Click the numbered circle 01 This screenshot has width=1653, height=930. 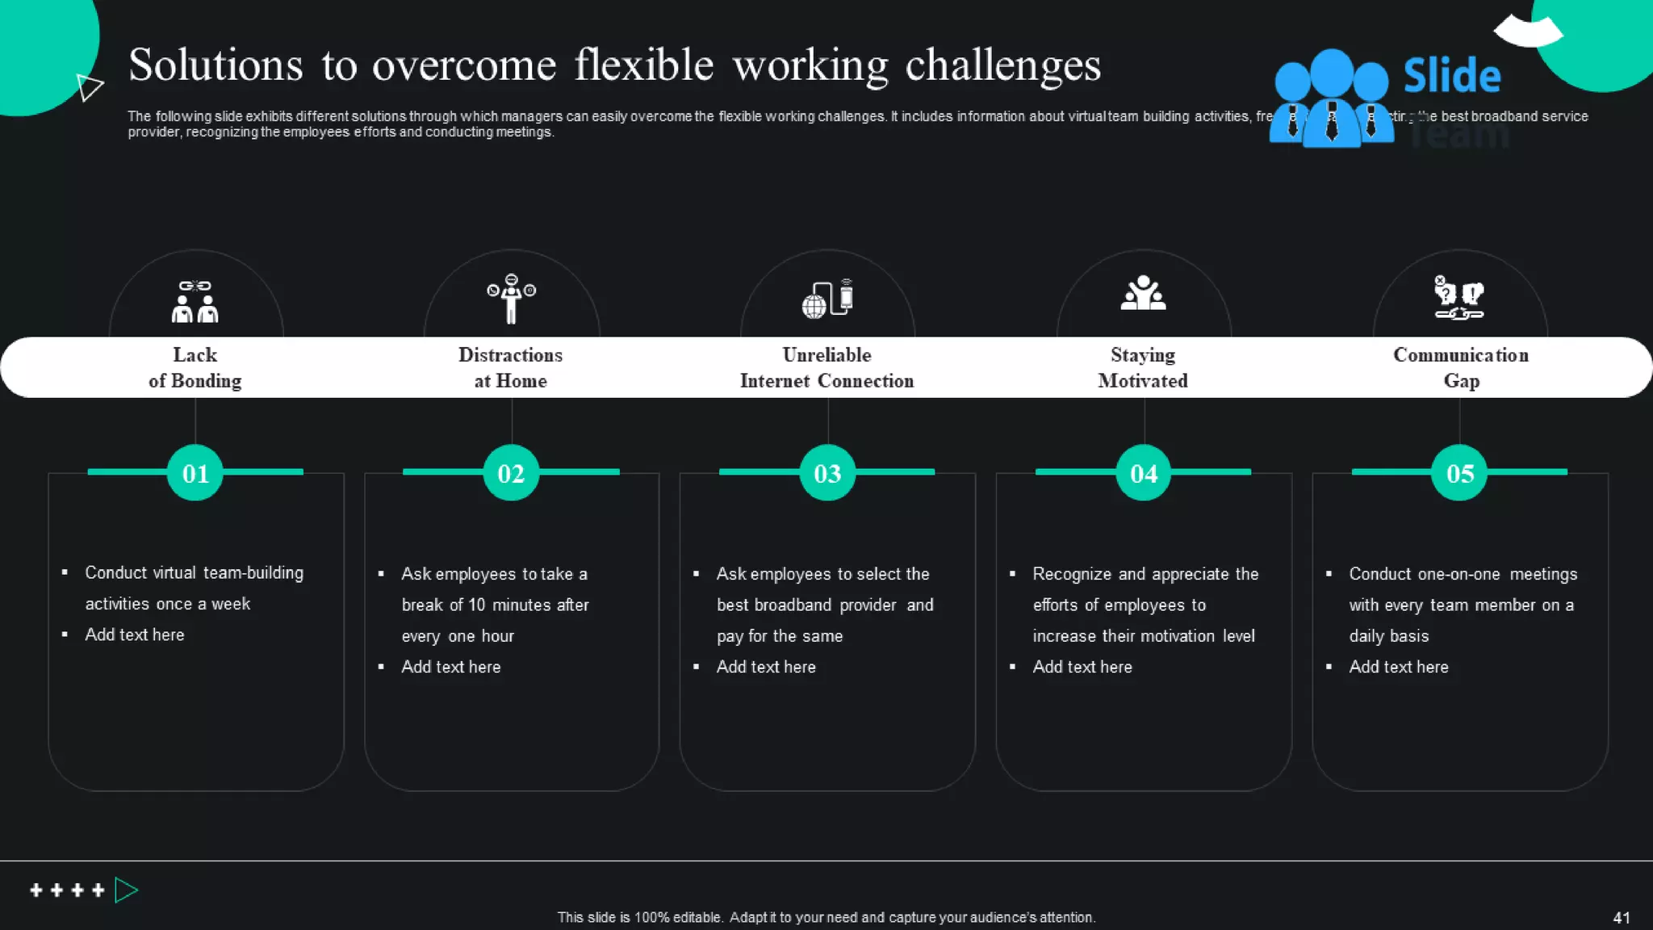pyautogui.click(x=195, y=473)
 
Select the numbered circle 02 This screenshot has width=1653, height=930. pyautogui.click(x=511, y=473)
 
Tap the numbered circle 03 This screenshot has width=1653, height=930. pyautogui.click(x=827, y=473)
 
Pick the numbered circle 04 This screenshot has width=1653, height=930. pyautogui.click(x=1144, y=473)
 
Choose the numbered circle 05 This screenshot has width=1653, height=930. pyautogui.click(x=1459, y=473)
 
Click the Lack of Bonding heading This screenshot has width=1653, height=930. pyautogui.click(x=195, y=367)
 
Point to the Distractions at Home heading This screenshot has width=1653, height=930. pyautogui.click(x=511, y=367)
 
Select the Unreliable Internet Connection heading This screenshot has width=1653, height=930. pyautogui.click(x=827, y=367)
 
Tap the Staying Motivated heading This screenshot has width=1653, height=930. pyautogui.click(x=1143, y=367)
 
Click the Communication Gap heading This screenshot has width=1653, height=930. pyautogui.click(x=1461, y=367)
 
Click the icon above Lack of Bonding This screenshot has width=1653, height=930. pyautogui.click(x=195, y=301)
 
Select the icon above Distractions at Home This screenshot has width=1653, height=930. pyautogui.click(x=511, y=298)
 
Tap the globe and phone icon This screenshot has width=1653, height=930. pyautogui.click(x=827, y=299)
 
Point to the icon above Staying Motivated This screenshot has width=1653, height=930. pyautogui.click(x=1143, y=294)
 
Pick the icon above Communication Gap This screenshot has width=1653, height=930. pyautogui.click(x=1459, y=297)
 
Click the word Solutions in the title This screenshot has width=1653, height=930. pyautogui.click(x=216, y=65)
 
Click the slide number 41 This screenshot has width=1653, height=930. pyautogui.click(x=1621, y=918)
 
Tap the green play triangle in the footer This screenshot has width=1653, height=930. pyautogui.click(x=125, y=890)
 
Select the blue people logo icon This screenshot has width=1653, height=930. pyautogui.click(x=1331, y=98)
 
